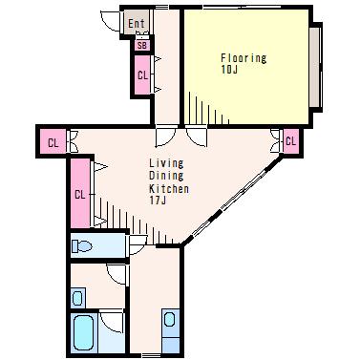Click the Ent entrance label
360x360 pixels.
pyautogui.click(x=137, y=23)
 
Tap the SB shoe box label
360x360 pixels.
pyautogui.click(x=142, y=46)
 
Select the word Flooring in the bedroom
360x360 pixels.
pyautogui.click(x=244, y=58)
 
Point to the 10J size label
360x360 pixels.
pyautogui.click(x=229, y=70)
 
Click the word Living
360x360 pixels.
pyautogui.click(x=166, y=163)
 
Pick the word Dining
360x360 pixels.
pyautogui.click(x=166, y=176)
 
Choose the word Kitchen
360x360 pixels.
pyautogui.click(x=169, y=188)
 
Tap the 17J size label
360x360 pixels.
pyautogui.click(x=158, y=201)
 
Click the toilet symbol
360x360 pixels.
pyautogui.click(x=82, y=246)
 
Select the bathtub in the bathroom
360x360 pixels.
pyautogui.click(x=83, y=333)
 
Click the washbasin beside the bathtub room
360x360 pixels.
pyautogui.click(x=77, y=298)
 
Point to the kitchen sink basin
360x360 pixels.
pyautogui.click(x=169, y=320)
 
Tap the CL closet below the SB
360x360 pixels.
pyautogui.click(x=142, y=75)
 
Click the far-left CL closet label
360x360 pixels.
pyautogui.click(x=53, y=143)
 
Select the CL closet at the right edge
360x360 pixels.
pyautogui.click(x=290, y=140)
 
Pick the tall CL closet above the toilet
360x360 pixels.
pyautogui.click(x=80, y=194)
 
